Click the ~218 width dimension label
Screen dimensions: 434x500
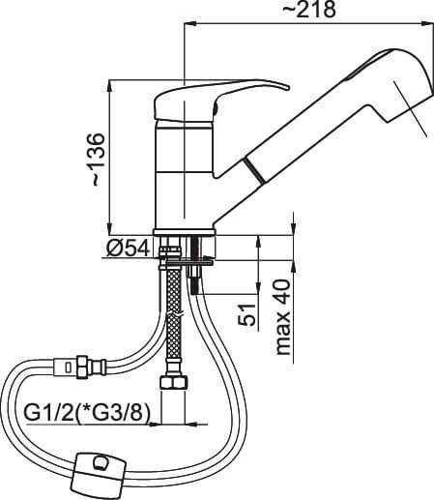click(x=309, y=10)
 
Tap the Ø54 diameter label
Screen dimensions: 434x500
click(x=130, y=249)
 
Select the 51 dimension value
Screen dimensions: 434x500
click(x=246, y=314)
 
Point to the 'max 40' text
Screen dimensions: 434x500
click(x=283, y=317)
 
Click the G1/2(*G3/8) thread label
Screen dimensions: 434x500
click(x=88, y=413)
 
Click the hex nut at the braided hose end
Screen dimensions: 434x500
click(x=173, y=383)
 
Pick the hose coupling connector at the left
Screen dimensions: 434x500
click(x=79, y=366)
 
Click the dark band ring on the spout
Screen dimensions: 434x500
click(x=255, y=171)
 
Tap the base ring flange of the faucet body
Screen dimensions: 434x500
click(x=184, y=232)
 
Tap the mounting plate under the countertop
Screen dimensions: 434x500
click(x=187, y=263)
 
